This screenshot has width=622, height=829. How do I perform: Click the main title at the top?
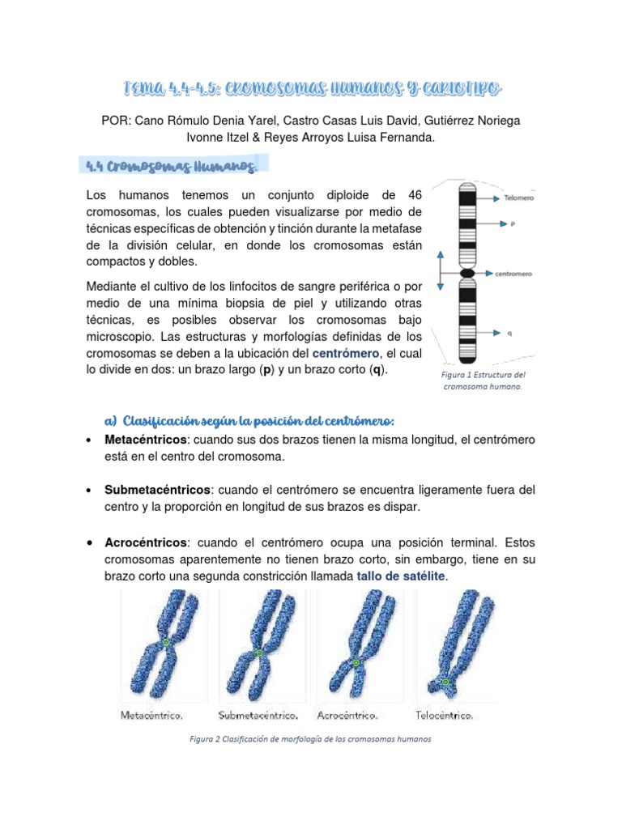[310, 87]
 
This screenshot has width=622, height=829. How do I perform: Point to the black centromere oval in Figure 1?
[467, 274]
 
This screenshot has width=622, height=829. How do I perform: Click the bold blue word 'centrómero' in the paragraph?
[346, 354]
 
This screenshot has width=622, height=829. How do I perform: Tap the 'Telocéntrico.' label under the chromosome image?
[444, 716]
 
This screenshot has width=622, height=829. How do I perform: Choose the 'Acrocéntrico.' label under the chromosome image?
[349, 716]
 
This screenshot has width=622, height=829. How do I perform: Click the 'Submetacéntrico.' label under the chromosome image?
[258, 716]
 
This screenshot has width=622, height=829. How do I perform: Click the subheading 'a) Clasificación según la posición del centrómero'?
[249, 421]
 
